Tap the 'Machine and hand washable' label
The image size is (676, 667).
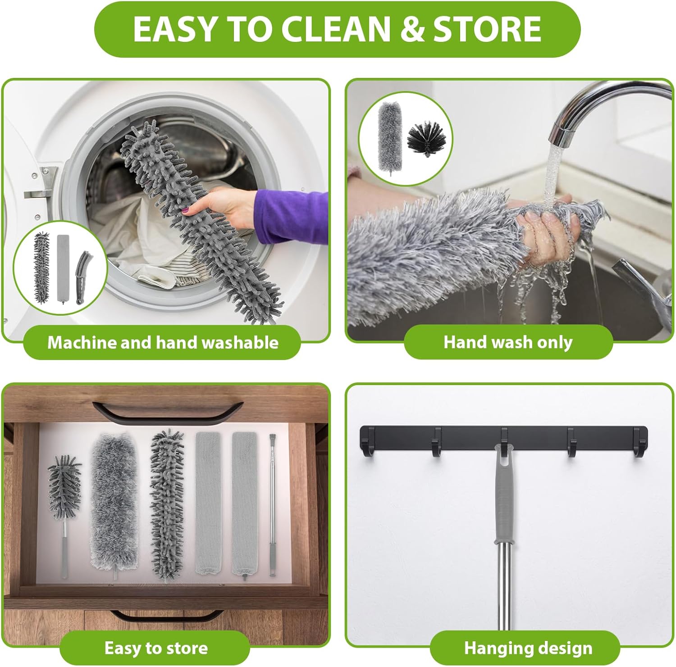click(x=163, y=342)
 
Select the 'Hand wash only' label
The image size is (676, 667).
click(x=508, y=342)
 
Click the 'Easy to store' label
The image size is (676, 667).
click(x=156, y=648)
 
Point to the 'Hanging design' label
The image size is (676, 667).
click(x=528, y=648)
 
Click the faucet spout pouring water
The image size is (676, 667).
click(x=599, y=108)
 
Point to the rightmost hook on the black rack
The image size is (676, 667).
click(x=639, y=442)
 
